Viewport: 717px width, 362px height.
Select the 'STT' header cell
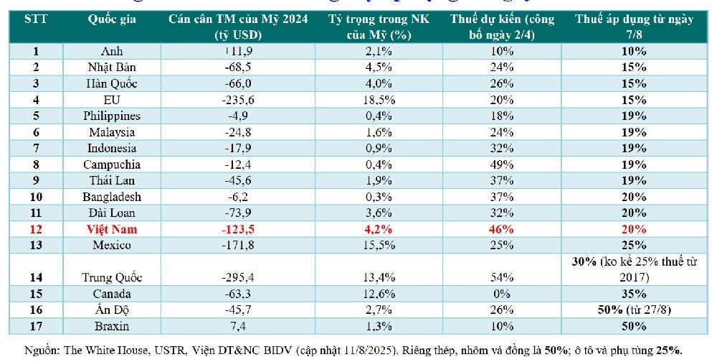(36, 19)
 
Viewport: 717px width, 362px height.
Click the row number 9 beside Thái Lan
(36, 181)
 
